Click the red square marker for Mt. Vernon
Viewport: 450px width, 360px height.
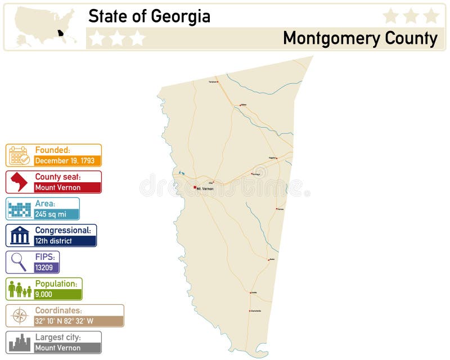[x=195, y=187]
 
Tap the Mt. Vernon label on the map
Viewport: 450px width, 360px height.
[x=205, y=188]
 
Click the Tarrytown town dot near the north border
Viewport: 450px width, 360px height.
[x=218, y=82]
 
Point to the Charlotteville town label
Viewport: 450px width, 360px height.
[x=255, y=311]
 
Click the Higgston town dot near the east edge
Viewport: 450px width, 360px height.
[x=276, y=158]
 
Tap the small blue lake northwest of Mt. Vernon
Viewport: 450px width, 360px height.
[x=181, y=173]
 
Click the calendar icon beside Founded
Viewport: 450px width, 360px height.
[x=19, y=155]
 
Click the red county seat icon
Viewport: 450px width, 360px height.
[x=19, y=182]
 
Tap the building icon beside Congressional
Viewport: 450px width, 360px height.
[x=19, y=236]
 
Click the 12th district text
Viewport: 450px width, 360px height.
[x=53, y=241]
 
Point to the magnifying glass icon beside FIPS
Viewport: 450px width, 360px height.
[x=19, y=262]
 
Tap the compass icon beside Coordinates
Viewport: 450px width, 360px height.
[x=19, y=316]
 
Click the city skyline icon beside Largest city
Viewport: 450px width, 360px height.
[x=19, y=342]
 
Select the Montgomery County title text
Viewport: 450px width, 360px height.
[x=360, y=38]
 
